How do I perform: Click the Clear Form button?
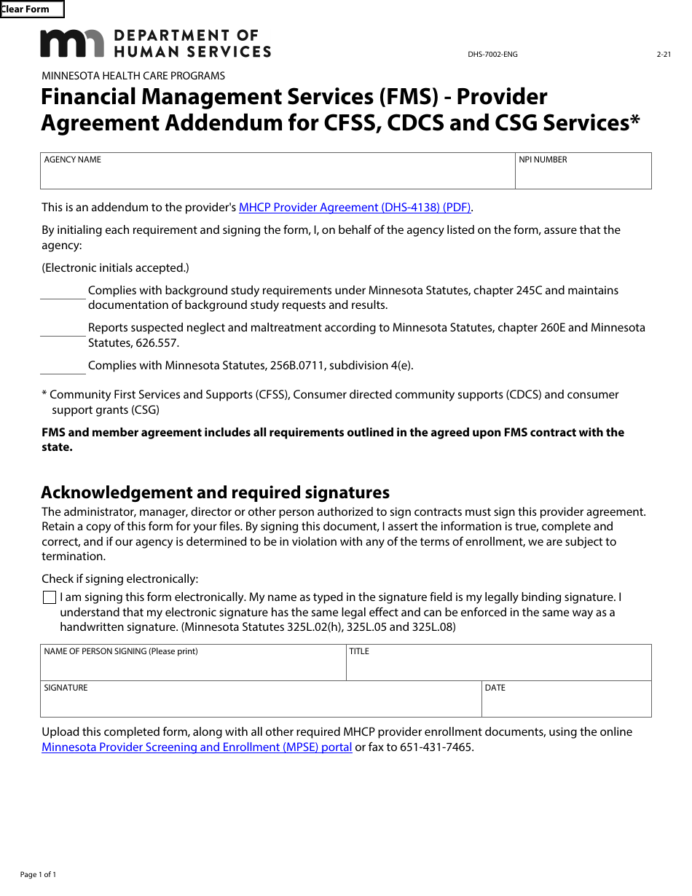point(32,9)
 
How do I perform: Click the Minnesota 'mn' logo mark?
point(71,43)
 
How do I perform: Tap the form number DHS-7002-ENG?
point(492,55)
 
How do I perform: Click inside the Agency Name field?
point(277,175)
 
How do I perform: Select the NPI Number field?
point(583,175)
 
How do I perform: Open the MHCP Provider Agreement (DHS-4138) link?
point(355,208)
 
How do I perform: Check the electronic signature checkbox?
point(50,598)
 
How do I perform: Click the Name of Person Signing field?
point(193,667)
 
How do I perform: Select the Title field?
point(498,667)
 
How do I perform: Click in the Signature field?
point(261,702)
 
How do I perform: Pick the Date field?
point(566,702)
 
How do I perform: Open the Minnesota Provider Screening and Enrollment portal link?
point(197,747)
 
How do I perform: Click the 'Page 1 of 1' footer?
point(38,874)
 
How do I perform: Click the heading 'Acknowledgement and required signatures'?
point(215,492)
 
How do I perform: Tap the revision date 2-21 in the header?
point(663,55)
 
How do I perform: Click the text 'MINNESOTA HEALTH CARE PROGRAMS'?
point(133,76)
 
